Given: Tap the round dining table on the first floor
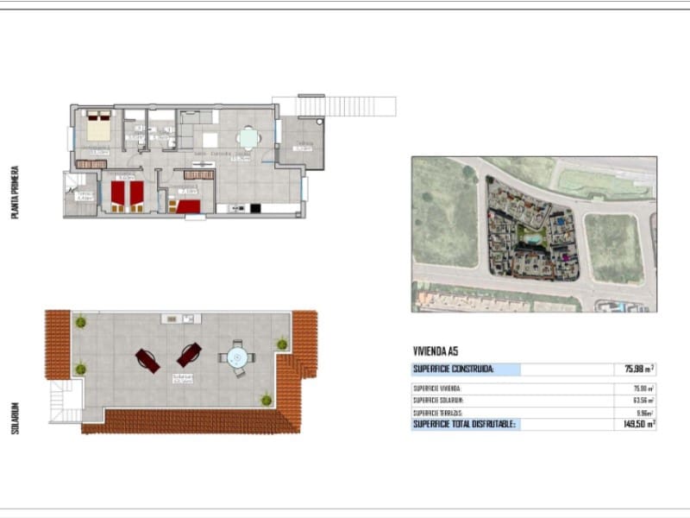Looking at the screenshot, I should [x=248, y=138].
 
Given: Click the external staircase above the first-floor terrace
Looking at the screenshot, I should [x=345, y=106].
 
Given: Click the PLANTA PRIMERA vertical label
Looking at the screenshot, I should [x=15, y=192].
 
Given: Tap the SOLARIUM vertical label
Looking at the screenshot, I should [x=15, y=417].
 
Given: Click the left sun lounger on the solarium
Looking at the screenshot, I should [x=147, y=360].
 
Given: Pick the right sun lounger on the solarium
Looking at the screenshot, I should [x=189, y=354].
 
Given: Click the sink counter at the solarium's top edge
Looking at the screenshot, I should [x=180, y=319].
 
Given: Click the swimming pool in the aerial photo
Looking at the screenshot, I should [x=533, y=235].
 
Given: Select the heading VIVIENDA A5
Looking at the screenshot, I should [x=436, y=351].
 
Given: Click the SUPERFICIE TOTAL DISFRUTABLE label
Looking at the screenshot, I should [x=464, y=424].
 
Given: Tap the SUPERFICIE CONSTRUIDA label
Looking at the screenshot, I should [x=454, y=369].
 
